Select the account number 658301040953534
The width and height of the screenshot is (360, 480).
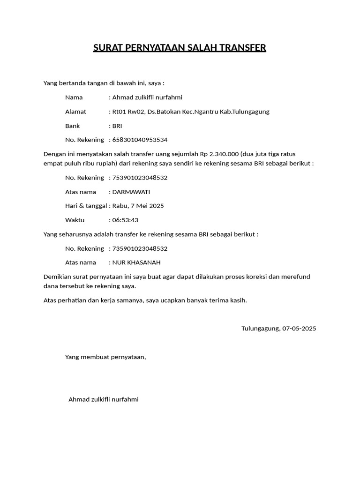[140, 140]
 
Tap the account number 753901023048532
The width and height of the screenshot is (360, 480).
[140, 178]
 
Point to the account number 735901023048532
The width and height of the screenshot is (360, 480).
[140, 248]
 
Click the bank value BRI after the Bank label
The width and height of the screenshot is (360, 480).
[117, 126]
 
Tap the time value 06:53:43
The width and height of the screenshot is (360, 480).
[125, 220]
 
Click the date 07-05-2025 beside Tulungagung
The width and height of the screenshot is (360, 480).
[299, 328]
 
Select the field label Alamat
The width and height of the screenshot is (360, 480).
[75, 112]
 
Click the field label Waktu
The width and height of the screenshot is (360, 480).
[75, 220]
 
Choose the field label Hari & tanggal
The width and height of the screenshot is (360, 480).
[86, 206]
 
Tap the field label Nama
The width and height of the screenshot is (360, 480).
[74, 97]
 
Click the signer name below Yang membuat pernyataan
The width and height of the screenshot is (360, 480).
[104, 399]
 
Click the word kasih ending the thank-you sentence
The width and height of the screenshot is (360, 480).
[237, 300]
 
